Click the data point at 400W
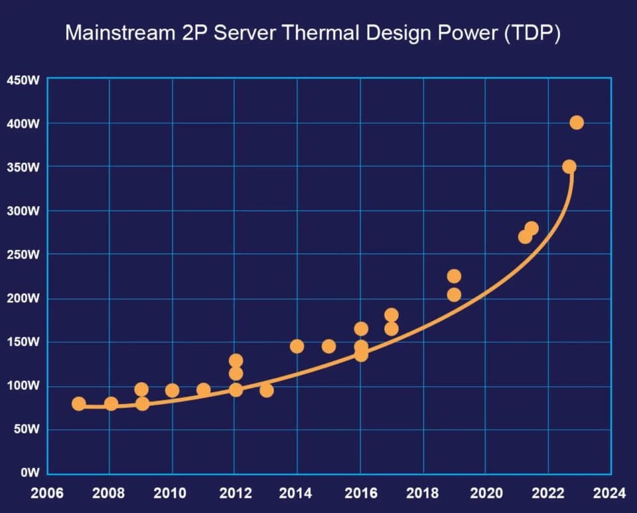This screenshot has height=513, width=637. point(577,122)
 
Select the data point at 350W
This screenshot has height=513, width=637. point(569,166)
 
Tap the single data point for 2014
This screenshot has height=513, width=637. point(297,346)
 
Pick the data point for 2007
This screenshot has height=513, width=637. point(79,403)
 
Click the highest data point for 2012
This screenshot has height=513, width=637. point(236,361)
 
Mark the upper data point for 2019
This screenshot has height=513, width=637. point(454,276)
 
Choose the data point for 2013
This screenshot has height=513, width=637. point(267,390)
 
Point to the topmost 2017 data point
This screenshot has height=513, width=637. point(391,315)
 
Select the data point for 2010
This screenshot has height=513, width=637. point(173,390)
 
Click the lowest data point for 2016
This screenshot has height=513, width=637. point(361,355)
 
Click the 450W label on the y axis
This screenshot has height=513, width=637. point(24,80)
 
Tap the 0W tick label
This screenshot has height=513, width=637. point(29,473)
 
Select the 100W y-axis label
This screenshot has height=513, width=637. point(24,385)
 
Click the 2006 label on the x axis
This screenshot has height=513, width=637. point(48,494)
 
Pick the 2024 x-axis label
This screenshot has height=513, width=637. point(609,494)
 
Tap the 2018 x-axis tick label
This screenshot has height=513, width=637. point(422,494)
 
